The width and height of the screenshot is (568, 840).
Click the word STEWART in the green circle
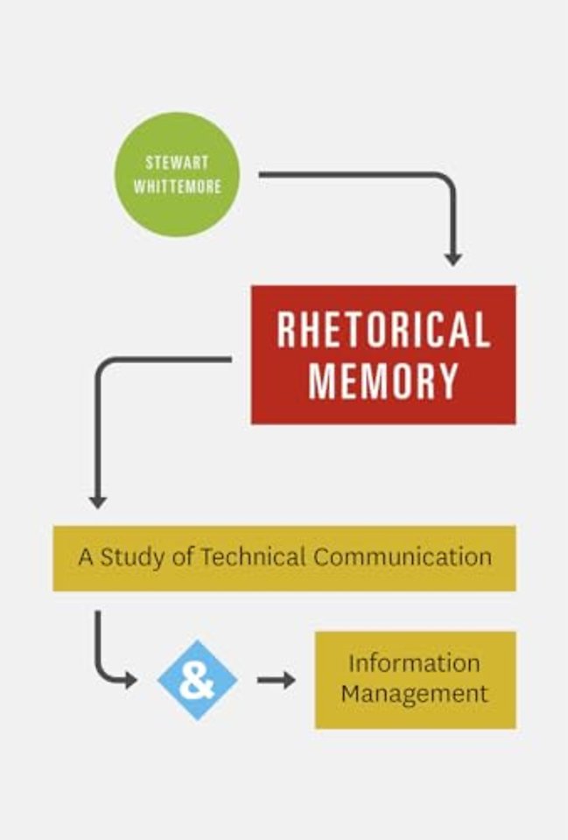point(177,163)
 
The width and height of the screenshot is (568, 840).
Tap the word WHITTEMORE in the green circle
point(178,186)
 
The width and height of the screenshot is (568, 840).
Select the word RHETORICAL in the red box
point(383,330)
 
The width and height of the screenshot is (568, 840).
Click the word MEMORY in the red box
point(383,381)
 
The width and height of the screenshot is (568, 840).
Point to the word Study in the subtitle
point(132,557)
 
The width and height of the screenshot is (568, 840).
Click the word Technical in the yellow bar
point(253,556)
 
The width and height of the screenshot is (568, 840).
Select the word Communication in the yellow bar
point(403,556)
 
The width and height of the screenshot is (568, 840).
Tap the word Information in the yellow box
point(414,663)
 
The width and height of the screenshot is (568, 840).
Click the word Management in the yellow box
point(414,694)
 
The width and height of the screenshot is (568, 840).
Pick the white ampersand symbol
point(197,681)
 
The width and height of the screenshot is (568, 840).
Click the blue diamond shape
point(197,680)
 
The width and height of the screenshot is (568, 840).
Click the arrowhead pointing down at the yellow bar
point(97,500)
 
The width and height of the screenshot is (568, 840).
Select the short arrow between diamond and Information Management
point(276,680)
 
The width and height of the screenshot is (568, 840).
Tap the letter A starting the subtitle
point(86,557)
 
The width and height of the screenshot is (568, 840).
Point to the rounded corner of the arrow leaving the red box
point(105,367)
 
